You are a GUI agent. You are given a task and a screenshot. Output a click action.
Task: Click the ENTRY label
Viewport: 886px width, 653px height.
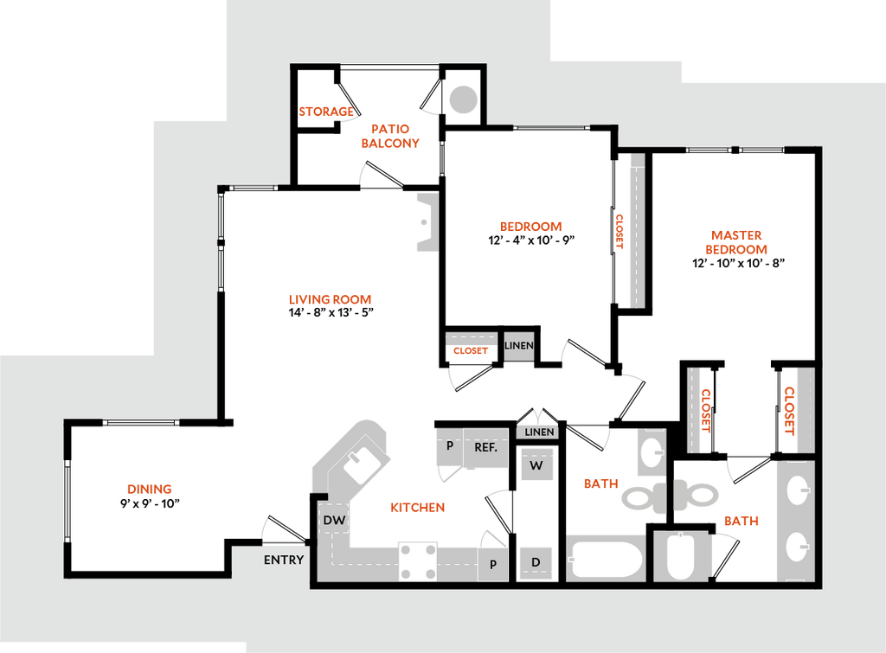pos(284,560)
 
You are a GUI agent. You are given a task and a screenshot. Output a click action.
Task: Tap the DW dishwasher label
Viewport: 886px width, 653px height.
pos(334,521)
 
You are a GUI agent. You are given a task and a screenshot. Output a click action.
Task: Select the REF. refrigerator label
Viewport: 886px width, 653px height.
pos(485,448)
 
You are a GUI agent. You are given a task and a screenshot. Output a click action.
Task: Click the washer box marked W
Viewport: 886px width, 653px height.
pos(536,465)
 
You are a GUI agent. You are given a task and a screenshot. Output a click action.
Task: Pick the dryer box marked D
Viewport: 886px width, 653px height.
pos(536,563)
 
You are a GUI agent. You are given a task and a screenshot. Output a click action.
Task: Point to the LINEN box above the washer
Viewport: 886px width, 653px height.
pos(539,432)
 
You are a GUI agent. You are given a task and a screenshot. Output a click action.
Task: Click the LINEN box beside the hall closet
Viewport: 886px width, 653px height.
pos(519,346)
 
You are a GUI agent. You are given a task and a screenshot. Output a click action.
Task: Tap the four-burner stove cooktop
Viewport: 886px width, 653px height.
pos(418,561)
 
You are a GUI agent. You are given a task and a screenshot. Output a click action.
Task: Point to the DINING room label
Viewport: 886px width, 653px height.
pos(151,490)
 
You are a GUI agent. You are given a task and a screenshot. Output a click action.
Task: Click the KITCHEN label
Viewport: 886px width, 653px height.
pos(417,508)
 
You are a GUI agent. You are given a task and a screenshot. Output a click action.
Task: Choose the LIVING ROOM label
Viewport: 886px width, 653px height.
pos(330,300)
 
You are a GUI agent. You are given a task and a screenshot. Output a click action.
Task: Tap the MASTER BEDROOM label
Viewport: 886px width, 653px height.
pos(737,242)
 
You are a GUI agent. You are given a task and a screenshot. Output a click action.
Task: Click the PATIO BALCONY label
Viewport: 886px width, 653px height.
pos(391,136)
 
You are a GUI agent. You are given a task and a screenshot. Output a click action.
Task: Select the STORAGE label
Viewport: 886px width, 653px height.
pos(326,111)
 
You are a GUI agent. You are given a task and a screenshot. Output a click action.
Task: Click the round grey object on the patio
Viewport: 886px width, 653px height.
pos(463,99)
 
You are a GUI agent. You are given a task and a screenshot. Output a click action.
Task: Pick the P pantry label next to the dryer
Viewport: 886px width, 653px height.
pos(493,565)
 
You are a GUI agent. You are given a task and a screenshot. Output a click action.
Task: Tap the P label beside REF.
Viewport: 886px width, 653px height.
pos(450,446)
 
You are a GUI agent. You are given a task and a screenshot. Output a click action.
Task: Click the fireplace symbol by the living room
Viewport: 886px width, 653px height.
pos(427,222)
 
